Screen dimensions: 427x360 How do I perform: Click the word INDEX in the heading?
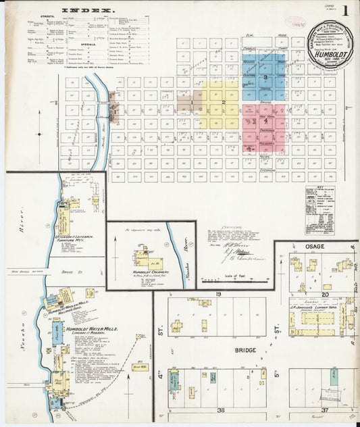click(x=88, y=10)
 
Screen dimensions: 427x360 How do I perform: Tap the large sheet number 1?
click(x=345, y=11)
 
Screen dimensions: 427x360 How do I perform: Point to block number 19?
click(x=219, y=295)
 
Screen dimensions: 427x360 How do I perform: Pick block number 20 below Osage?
click(x=326, y=295)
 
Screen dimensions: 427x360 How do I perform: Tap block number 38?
click(x=220, y=410)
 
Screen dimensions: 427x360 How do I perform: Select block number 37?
click(x=325, y=410)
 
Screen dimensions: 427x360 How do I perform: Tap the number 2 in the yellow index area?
click(x=223, y=102)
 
